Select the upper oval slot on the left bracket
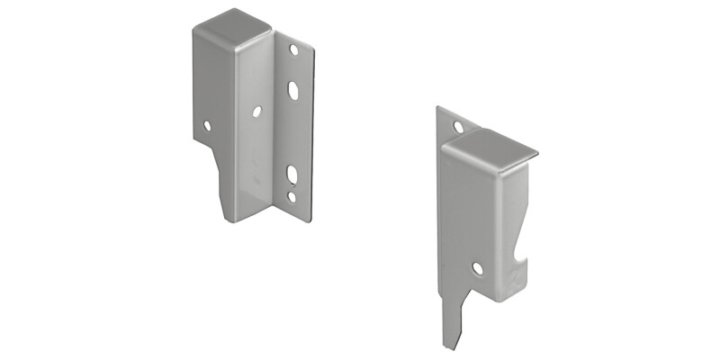[x=293, y=90]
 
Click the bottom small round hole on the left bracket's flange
[x=291, y=195]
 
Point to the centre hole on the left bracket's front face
[x=256, y=112]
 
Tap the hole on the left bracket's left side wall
[x=207, y=126]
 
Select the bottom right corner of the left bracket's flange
[x=309, y=219]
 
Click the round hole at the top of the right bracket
[x=458, y=128]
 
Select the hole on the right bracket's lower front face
[x=476, y=267]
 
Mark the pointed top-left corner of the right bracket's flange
[x=438, y=108]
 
